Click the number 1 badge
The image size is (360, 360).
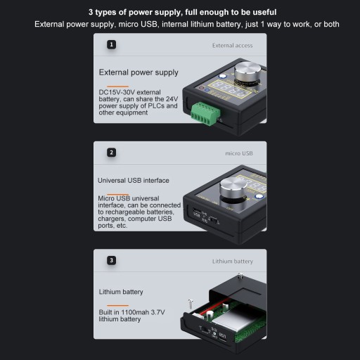click(x=111, y=44)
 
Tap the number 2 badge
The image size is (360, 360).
click(x=111, y=153)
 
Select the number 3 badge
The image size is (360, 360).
click(x=111, y=260)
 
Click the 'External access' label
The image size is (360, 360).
click(x=232, y=46)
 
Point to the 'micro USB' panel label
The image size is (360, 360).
click(x=239, y=153)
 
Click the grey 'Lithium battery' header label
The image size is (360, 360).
click(x=233, y=262)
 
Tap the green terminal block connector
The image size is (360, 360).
click(x=205, y=113)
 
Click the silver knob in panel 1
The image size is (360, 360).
click(x=247, y=72)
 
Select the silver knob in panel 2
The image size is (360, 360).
click(x=233, y=188)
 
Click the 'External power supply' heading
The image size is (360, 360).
click(x=139, y=72)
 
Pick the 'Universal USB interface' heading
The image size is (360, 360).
click(x=134, y=181)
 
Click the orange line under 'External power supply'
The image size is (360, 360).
click(x=117, y=86)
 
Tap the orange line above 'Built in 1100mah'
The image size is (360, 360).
click(x=117, y=305)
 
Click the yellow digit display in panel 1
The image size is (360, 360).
click(x=230, y=89)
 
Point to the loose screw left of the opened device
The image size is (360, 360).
click(x=191, y=304)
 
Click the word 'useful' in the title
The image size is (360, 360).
click(x=264, y=12)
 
